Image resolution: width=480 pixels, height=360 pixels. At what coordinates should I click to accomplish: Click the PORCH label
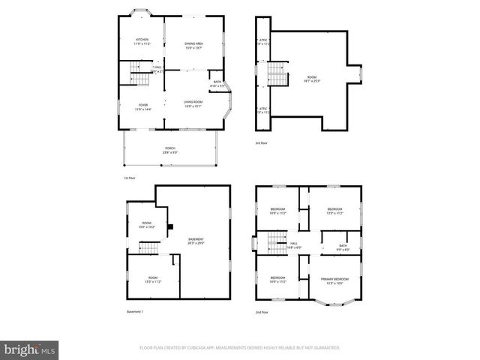click(x=170, y=149)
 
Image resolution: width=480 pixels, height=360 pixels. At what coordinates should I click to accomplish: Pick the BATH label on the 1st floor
click(x=217, y=84)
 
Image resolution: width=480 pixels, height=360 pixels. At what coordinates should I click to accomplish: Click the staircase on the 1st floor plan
click(x=137, y=74)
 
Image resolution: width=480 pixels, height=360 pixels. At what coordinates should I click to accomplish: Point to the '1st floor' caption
click(x=130, y=178)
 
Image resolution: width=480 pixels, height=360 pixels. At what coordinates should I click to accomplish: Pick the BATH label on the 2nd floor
click(x=343, y=247)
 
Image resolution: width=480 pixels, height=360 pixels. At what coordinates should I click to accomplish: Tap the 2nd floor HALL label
click(x=294, y=244)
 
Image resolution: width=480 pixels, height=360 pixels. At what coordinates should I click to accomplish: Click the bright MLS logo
click(x=30, y=349)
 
